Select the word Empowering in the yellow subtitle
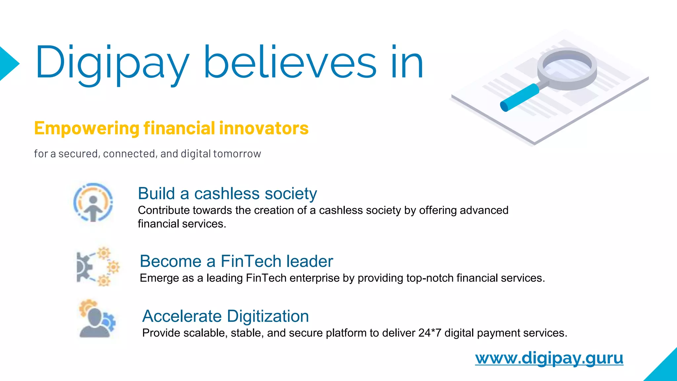87,128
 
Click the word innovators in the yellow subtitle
263,128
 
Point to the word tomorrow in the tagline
237,154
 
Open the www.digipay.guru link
549,358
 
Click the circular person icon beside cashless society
93,202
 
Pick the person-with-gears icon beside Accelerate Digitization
97,319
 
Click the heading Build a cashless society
227,193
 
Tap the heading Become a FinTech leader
236,261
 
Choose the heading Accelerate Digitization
225,316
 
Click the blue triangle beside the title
8,63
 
